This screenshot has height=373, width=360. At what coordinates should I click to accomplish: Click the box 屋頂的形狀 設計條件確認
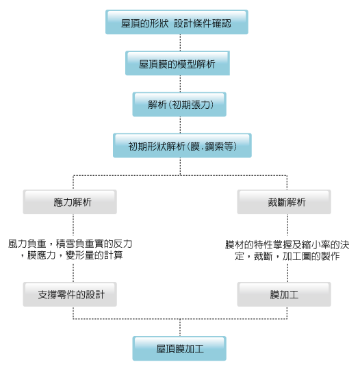tap(177, 22)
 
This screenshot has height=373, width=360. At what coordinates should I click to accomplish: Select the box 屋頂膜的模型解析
tap(177, 63)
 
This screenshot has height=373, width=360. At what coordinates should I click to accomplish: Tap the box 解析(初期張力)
tap(179, 105)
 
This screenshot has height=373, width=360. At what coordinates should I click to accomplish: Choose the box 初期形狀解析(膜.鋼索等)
tap(182, 146)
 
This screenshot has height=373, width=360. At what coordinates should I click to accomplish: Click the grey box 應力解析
tap(70, 202)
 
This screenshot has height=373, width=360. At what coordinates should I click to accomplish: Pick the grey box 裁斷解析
tap(284, 202)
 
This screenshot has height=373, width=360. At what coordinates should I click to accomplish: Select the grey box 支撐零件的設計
tap(70, 294)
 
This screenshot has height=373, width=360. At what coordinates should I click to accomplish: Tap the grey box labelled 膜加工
tap(284, 294)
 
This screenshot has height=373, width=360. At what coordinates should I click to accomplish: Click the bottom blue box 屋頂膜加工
tap(179, 348)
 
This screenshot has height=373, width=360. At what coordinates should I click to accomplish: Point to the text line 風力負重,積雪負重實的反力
tap(70, 244)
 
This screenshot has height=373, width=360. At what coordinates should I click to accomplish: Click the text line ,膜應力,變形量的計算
tap(72, 255)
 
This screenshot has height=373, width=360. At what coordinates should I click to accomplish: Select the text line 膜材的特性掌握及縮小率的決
tap(287, 245)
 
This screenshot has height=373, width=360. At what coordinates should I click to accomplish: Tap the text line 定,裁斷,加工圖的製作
tap(287, 256)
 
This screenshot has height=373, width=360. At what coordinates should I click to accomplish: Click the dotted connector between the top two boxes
tap(180, 42)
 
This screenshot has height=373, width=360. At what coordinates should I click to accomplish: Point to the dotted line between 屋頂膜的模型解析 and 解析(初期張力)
tap(180, 83)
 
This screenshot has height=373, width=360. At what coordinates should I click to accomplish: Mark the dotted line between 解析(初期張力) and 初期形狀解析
tap(180, 125)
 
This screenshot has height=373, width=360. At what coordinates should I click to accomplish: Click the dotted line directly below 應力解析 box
tap(73, 225)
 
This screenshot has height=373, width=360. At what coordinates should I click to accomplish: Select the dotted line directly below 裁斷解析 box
tap(287, 225)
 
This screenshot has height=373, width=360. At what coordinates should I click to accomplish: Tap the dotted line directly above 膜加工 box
tap(287, 273)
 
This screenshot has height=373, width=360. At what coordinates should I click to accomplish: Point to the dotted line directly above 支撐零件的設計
tap(73, 273)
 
